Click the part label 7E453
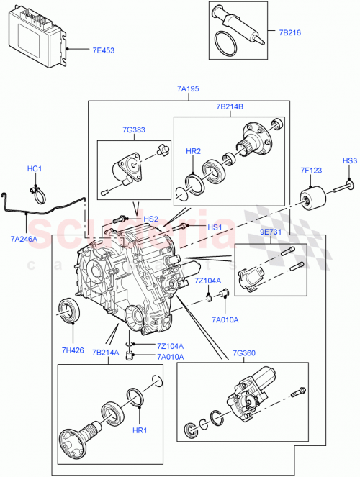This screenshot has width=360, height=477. (104, 50)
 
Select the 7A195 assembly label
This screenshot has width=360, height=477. (188, 89)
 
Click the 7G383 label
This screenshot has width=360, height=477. (133, 130)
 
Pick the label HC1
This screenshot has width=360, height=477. (35, 169)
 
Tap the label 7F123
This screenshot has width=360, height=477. (311, 171)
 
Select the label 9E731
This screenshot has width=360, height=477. (271, 234)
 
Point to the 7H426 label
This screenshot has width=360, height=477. (72, 350)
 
